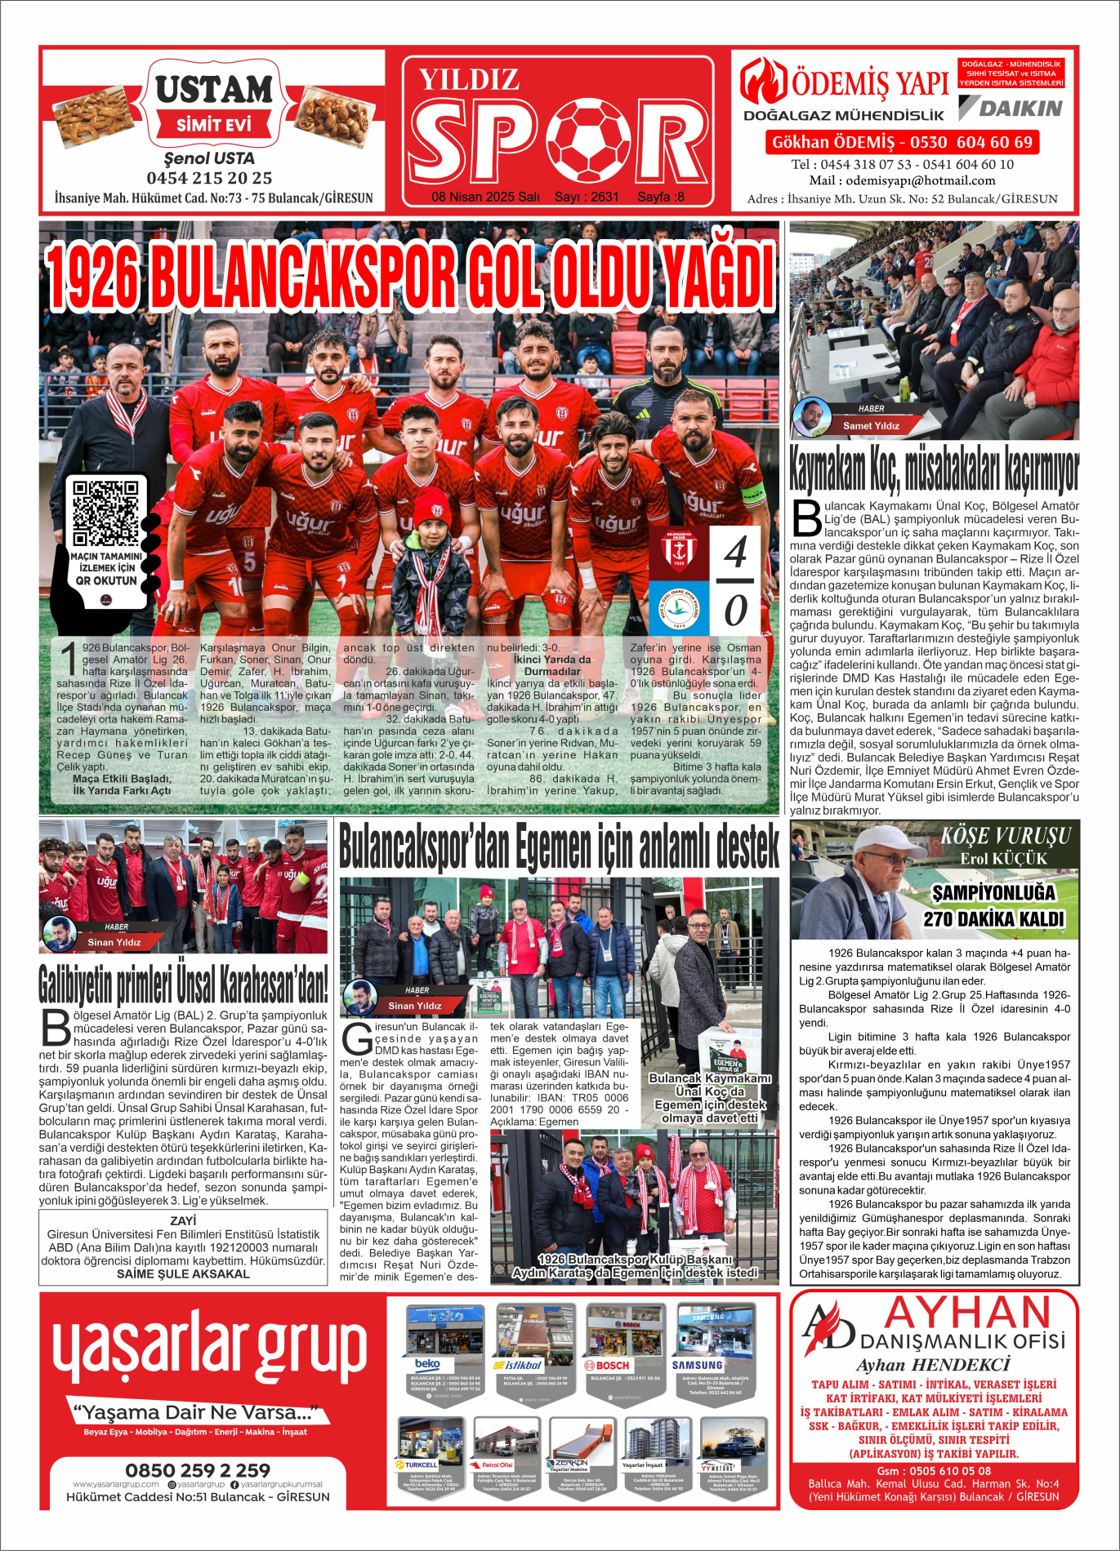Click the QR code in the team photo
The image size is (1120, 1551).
point(105,513)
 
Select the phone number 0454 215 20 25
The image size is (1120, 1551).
point(209,178)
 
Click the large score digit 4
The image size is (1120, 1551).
point(735,553)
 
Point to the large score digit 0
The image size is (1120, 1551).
point(735,610)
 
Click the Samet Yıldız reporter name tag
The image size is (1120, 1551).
point(871,425)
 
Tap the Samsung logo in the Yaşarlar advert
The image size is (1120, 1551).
point(697,1365)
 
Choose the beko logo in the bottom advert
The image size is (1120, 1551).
point(427,1364)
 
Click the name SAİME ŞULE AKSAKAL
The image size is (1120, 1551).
point(183,1273)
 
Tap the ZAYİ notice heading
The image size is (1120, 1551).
point(183,1221)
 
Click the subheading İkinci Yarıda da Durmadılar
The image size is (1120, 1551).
point(551,665)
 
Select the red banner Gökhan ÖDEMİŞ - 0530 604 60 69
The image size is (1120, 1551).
point(902,142)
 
